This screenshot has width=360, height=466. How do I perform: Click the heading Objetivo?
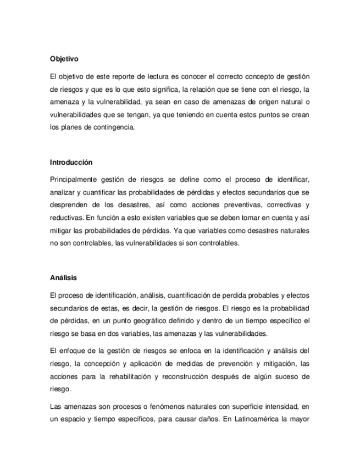(64, 58)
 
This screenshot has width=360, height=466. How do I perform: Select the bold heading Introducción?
(71, 163)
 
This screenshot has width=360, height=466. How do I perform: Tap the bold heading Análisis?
(62, 278)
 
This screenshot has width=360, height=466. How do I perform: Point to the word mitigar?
(61, 231)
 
